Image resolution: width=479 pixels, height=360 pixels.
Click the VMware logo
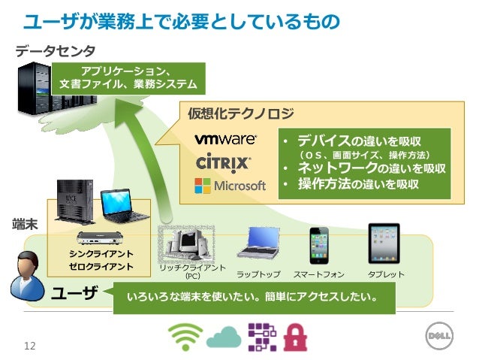pyautogui.click(x=225, y=140)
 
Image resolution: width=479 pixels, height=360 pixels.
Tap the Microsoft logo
pyautogui.click(x=230, y=184)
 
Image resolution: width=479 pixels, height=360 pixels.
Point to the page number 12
pyautogui.click(x=30, y=346)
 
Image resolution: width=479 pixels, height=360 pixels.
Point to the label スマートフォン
pyautogui.click(x=319, y=274)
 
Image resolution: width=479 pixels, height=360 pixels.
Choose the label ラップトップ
pyautogui.click(x=258, y=274)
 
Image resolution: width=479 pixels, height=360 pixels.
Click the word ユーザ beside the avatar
pyautogui.click(x=74, y=293)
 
